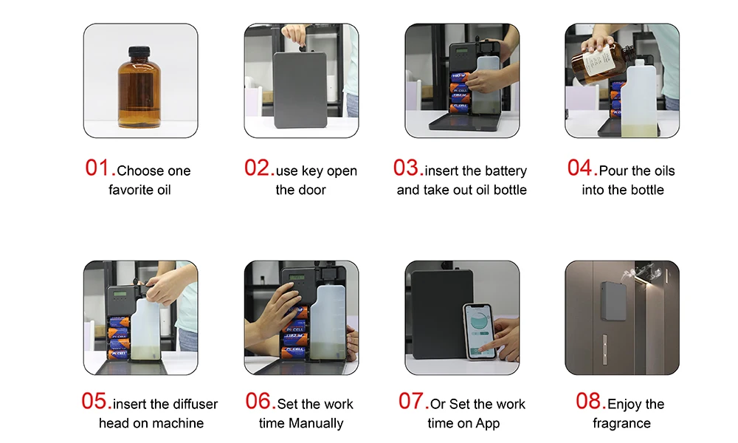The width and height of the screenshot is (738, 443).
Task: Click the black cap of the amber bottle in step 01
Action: (139, 51)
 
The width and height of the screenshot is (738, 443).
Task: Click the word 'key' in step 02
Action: (312, 171)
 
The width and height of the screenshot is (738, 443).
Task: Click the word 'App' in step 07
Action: (488, 424)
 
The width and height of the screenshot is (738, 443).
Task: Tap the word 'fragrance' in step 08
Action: (621, 423)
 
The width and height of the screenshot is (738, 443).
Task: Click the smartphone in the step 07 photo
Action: (480, 331)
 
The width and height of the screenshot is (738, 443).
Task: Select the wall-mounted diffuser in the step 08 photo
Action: (613, 301)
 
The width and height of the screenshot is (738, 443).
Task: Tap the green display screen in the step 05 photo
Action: (120, 294)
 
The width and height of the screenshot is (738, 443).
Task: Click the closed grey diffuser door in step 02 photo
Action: (300, 89)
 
